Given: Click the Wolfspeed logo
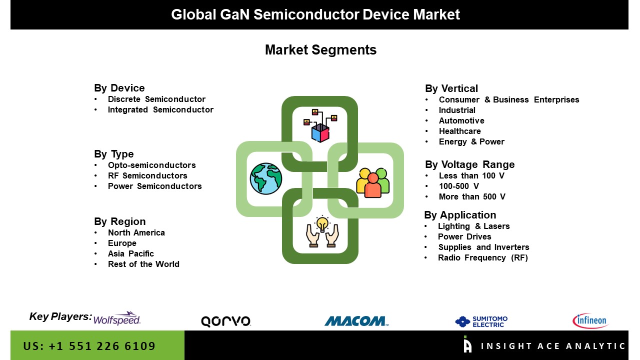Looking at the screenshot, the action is click(117, 318).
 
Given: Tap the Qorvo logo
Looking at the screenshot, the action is click(226, 321).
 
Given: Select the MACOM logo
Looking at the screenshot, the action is click(356, 321).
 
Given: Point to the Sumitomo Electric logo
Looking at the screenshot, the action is click(481, 321).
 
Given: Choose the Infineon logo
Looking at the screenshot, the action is click(590, 320).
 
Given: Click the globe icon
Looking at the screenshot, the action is click(266, 179).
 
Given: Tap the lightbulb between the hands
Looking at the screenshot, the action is click(322, 223).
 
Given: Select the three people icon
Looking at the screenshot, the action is click(373, 183).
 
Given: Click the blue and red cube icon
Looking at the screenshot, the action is click(320, 133).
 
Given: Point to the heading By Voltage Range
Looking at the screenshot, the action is click(469, 164).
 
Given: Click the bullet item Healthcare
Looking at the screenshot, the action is click(459, 131).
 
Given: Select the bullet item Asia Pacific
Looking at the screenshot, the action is click(131, 253).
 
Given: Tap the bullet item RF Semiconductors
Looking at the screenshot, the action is click(147, 175).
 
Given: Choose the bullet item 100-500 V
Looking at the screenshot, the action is click(459, 186).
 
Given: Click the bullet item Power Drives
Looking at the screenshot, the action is click(464, 237).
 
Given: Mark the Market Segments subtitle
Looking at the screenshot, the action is click(320, 50).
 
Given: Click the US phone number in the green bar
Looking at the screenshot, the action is click(89, 346).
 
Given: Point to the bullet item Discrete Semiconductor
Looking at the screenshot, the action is click(156, 99).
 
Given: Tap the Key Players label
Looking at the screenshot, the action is click(60, 316).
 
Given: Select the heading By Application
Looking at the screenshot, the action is click(460, 215).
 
